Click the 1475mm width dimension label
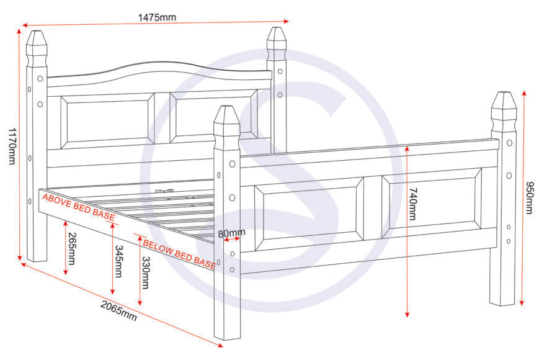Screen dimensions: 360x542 pyautogui.click(x=156, y=17)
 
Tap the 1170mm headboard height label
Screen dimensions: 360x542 pyautogui.click(x=11, y=146)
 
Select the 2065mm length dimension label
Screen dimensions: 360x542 pyautogui.click(x=118, y=311)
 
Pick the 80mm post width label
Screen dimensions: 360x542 pyautogui.click(x=231, y=233)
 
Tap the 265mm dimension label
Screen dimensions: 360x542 pyautogui.click(x=72, y=248)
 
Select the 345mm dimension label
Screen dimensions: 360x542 pyautogui.click(x=118, y=261)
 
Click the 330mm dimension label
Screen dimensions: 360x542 pyautogui.click(x=146, y=272)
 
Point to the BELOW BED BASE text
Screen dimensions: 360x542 pyautogui.click(x=179, y=251)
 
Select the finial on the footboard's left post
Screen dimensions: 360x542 pyautogui.click(x=227, y=122)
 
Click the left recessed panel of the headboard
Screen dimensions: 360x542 pyautogui.click(x=107, y=121)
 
